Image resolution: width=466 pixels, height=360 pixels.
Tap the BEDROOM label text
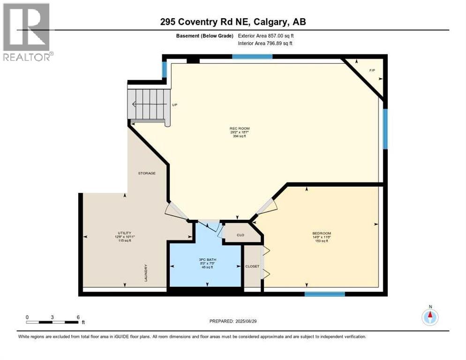coord(322,233)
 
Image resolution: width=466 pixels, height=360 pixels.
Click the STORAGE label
coord(146,173)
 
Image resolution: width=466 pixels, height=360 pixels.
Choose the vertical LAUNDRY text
coord(146,272)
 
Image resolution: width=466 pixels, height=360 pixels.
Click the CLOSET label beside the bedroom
coord(252,266)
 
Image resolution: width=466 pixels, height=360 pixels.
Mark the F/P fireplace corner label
coord(372,71)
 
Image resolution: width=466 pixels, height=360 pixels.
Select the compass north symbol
coord(430,316)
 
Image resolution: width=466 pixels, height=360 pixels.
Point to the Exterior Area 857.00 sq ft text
coord(266,36)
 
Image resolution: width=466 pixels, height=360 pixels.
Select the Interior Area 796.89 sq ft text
coord(265,44)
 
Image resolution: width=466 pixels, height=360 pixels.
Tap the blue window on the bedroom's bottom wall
coord(324,294)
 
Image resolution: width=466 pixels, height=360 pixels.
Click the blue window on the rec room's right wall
coord(385,129)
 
